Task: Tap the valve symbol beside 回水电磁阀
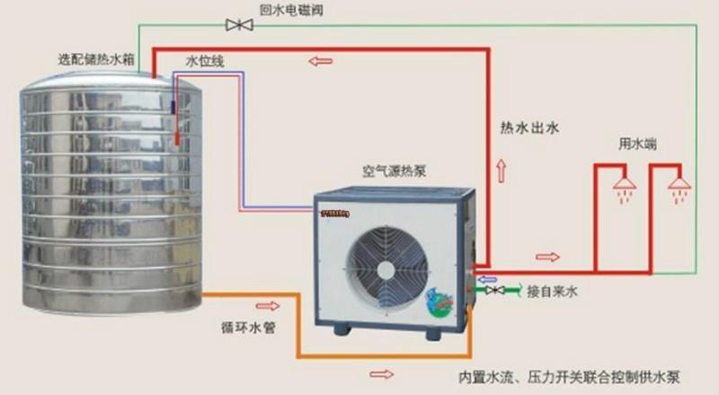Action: [239, 26]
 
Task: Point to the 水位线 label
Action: [204, 61]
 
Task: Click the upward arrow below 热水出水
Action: [501, 171]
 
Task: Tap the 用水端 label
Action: [635, 144]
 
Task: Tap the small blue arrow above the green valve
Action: [485, 279]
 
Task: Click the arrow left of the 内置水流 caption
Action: [382, 373]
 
